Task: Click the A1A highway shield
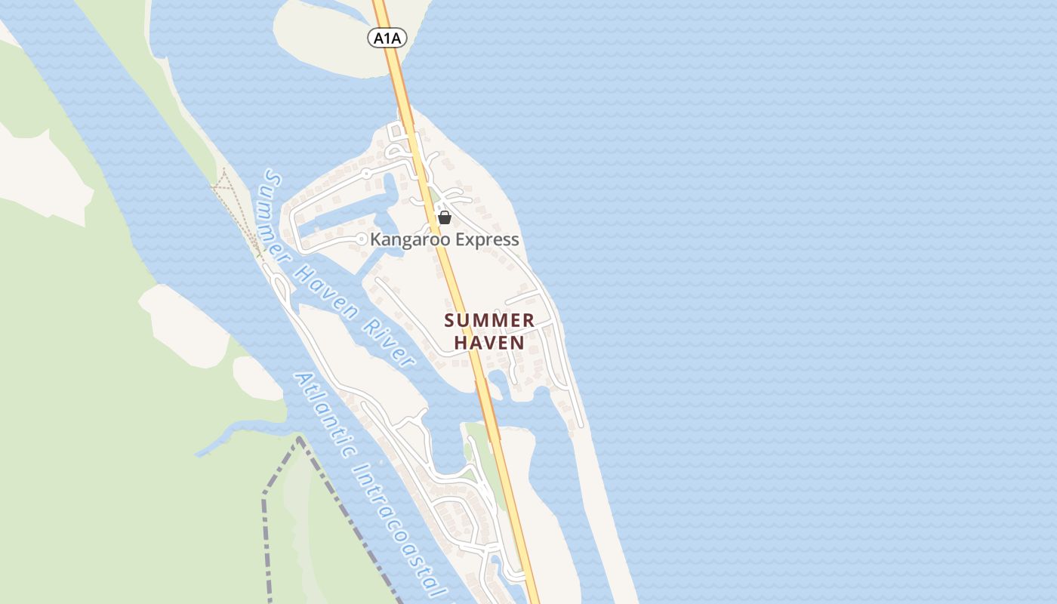point(387,38)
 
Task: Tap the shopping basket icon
point(445,217)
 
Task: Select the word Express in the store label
point(485,240)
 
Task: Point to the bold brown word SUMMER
point(489,321)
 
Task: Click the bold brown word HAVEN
point(489,343)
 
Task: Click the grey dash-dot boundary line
point(264,528)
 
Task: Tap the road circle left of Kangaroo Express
point(362,239)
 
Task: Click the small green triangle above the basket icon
point(436,198)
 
